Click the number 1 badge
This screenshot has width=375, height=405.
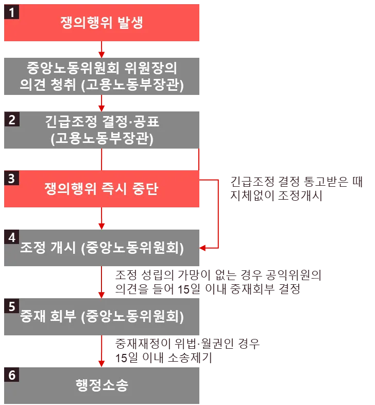click(x=11, y=12)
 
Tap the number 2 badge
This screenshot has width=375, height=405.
click(x=11, y=120)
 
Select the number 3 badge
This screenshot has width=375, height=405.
click(x=11, y=179)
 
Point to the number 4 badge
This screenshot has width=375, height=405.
click(x=11, y=236)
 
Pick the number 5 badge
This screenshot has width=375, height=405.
click(x=11, y=306)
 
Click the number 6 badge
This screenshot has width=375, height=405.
click(x=11, y=375)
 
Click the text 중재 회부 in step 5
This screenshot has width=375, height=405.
click(x=48, y=317)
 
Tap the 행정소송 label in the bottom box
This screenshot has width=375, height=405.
click(x=102, y=385)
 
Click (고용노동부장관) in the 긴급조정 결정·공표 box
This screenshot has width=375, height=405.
click(x=102, y=138)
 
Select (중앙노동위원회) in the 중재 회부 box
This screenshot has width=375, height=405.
click(x=133, y=317)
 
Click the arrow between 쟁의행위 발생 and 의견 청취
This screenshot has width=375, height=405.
click(x=102, y=50)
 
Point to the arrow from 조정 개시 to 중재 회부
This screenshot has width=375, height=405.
click(x=102, y=283)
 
